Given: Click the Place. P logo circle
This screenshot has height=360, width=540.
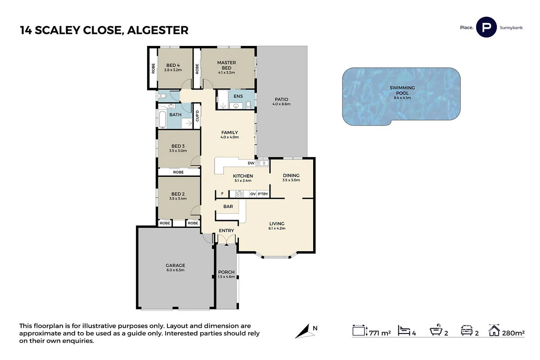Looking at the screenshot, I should pos(486,27).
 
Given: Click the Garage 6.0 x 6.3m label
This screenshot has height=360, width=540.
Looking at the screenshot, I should pos(175,267).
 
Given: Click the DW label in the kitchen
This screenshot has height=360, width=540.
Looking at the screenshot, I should pos(251,163).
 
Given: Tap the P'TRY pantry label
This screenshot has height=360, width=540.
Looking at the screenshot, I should pos(263,194).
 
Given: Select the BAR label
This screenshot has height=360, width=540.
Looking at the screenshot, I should pos(228,207).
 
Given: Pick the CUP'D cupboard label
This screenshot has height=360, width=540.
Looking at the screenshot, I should pos(197,116).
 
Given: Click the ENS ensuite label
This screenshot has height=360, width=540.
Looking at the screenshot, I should pos(238,96).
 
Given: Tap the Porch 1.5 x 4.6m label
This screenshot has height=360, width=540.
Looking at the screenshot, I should pos(226,274).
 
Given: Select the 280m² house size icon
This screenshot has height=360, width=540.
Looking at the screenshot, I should pos(495,332).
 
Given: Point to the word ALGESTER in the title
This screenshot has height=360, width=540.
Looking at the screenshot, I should pos(157,31).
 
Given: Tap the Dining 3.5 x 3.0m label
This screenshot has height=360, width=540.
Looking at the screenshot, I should pos(291,177).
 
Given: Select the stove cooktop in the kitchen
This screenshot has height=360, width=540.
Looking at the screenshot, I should pos(240,194).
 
